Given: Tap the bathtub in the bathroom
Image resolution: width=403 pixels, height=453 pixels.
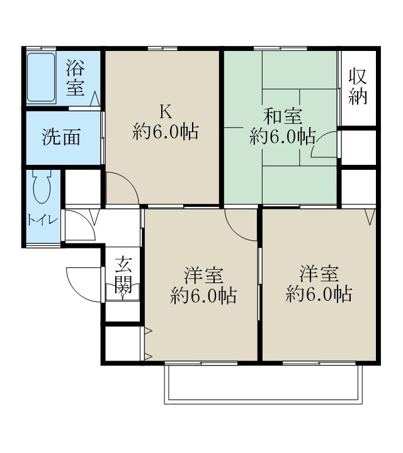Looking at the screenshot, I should [x=42, y=78].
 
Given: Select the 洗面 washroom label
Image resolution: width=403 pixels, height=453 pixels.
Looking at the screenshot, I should [x=61, y=138].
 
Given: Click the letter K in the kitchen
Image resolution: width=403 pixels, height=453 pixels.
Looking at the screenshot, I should [x=165, y=112].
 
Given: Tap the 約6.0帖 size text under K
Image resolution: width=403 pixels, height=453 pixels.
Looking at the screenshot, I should [x=166, y=132].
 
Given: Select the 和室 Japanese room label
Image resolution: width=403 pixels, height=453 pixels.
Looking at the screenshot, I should [x=282, y=116].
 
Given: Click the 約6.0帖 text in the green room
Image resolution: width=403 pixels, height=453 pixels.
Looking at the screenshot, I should [x=282, y=136].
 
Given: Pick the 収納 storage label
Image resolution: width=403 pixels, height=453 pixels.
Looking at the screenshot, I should [x=358, y=87].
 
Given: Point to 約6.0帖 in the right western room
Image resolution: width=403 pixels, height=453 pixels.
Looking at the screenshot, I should [x=319, y=294].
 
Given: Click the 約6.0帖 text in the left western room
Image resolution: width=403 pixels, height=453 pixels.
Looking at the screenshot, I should [x=203, y=296].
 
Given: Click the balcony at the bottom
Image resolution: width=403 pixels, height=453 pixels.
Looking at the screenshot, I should [x=263, y=383].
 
